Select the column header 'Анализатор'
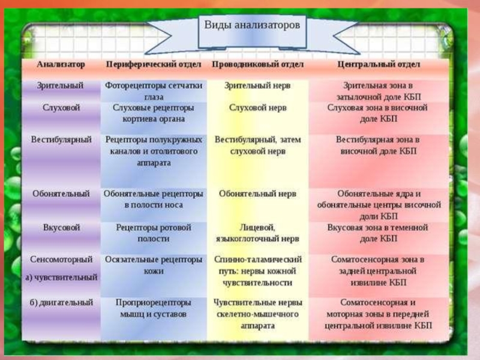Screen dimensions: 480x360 point(61,64)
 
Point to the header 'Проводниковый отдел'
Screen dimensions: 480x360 point(257,64)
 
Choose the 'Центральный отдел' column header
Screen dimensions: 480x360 point(378,64)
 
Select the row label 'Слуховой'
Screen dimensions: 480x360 point(61,107)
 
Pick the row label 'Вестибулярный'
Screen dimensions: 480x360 point(61,139)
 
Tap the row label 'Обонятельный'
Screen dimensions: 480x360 point(61,194)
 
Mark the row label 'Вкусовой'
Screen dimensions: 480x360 point(61,228)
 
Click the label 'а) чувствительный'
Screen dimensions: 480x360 point(61,278)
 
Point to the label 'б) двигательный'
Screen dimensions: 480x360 point(61,302)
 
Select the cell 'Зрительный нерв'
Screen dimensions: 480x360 point(257,86)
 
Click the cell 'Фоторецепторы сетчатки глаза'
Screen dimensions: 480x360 point(154,91)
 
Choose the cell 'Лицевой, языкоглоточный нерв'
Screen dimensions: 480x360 point(257,233)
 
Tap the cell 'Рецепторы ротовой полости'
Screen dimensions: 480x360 point(154,233)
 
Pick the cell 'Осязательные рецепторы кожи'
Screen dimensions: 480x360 point(154,265)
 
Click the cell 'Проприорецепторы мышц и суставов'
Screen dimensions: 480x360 point(154,308)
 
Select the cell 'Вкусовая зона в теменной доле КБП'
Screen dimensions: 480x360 point(378,233)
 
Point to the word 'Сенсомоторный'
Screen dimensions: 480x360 point(61,260)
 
